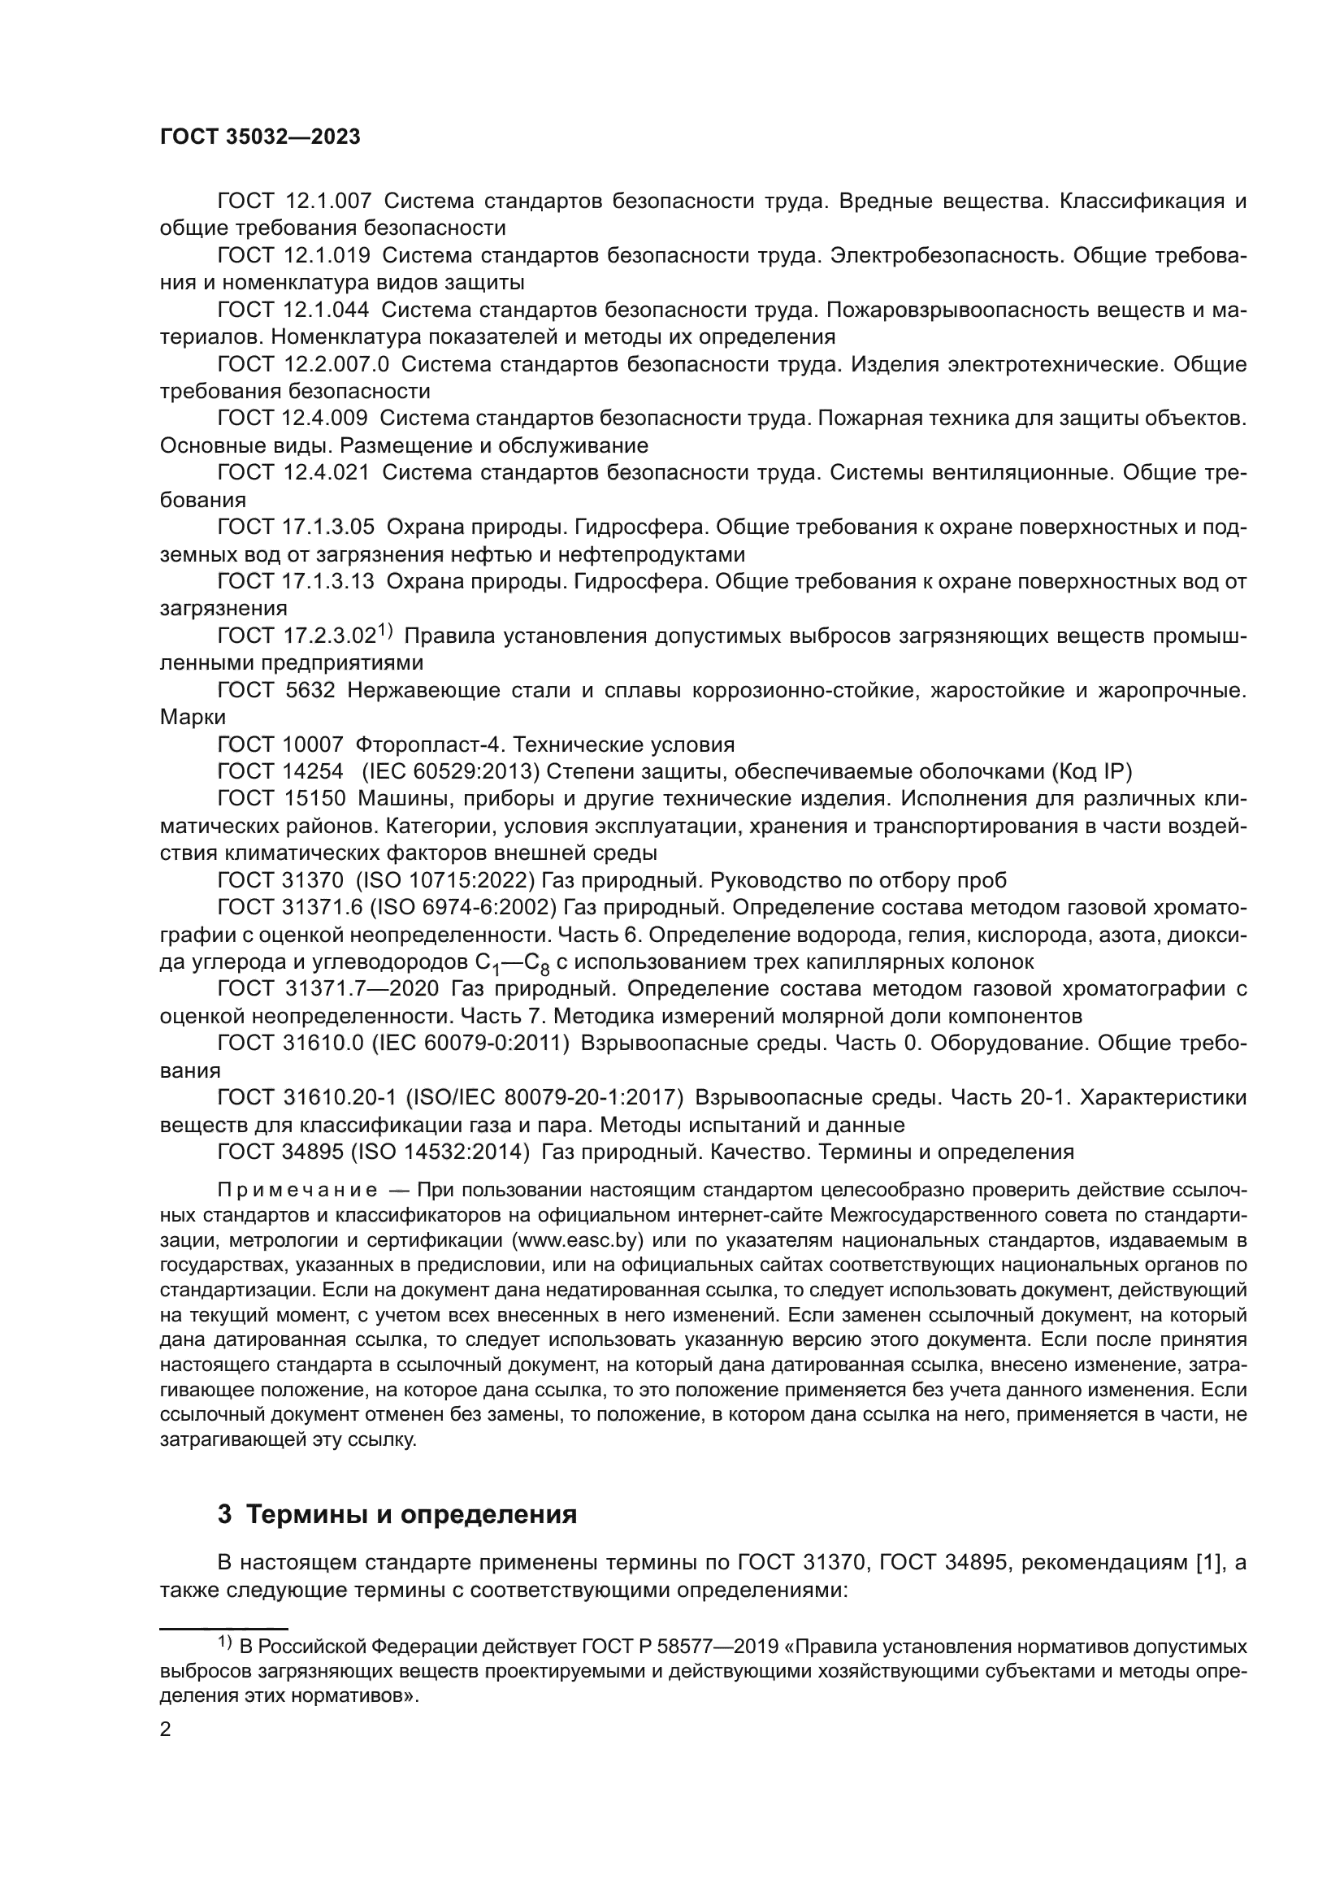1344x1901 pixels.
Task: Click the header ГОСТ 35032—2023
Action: pos(260,137)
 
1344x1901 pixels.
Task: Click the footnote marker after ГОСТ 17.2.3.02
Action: pos(385,631)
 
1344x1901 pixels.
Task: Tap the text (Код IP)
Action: pos(1090,771)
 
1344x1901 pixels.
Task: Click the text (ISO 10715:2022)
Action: pos(448,880)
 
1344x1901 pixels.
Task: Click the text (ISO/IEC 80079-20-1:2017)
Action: pos(544,1098)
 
